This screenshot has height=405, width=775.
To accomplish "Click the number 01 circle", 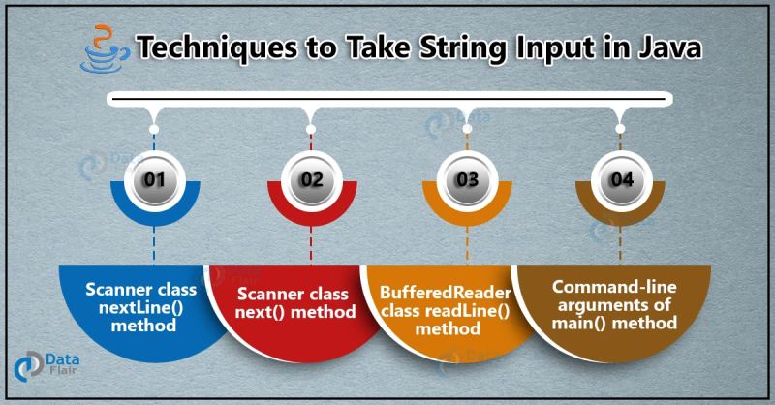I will [x=154, y=179].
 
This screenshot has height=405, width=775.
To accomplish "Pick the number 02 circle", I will [x=309, y=179].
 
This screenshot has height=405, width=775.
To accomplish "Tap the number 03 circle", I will [x=466, y=179].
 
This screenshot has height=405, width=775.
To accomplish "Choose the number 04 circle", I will [x=621, y=179].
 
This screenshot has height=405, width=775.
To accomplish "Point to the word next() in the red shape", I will [x=272, y=311].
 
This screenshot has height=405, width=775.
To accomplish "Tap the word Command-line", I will [x=606, y=287].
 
